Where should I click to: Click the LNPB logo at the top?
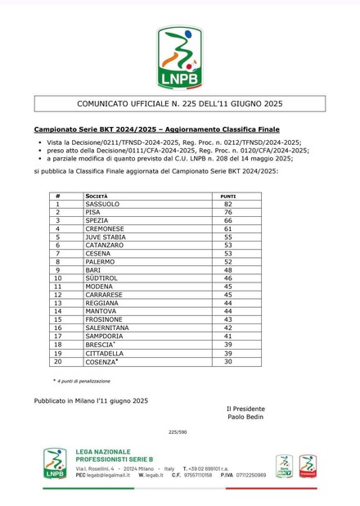coord(179,57)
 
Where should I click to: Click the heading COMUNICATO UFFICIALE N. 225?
coord(179,104)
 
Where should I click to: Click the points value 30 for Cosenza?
coord(228,361)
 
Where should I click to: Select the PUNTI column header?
coord(228,196)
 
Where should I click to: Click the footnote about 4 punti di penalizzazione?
coord(83,381)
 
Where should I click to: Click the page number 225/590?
coord(178,431)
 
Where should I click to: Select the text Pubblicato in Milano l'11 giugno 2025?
coord(91,400)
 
